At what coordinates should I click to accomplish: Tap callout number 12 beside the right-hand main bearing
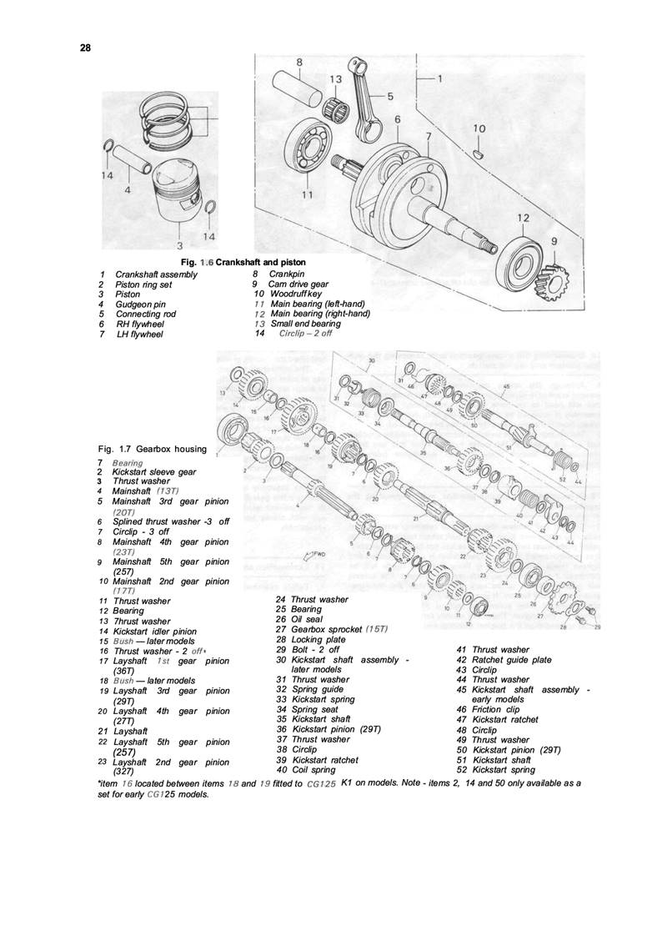[523, 218]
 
